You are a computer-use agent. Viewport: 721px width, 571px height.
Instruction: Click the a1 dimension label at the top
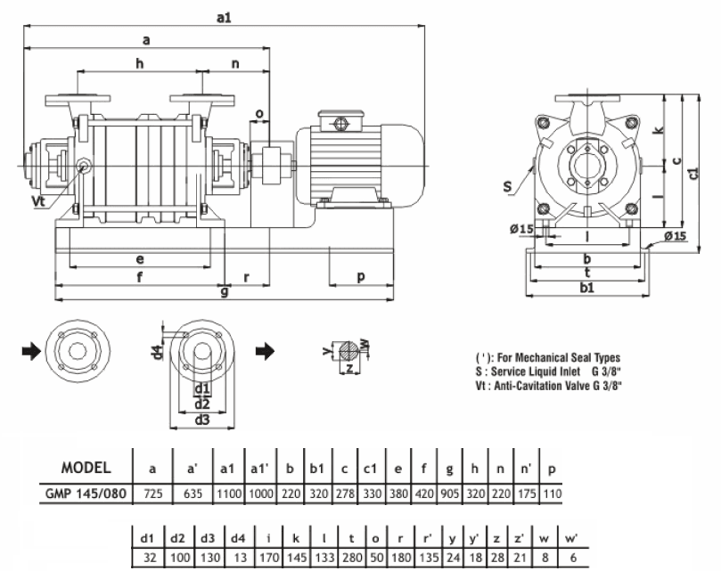(224, 18)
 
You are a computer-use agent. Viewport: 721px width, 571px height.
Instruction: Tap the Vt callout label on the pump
(39, 201)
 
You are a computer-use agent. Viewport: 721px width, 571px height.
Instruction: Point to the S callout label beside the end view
(508, 186)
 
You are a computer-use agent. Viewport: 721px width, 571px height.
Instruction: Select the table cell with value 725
(153, 494)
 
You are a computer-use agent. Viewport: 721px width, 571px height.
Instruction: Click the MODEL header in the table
(86, 468)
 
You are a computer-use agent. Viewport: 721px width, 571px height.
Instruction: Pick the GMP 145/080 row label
(86, 494)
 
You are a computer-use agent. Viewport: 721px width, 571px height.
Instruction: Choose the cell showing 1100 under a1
(229, 494)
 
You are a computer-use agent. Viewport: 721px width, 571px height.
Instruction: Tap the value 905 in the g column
(450, 494)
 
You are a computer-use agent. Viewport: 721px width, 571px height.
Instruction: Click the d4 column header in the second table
(238, 537)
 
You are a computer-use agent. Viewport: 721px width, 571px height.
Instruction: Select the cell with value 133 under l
(324, 558)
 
